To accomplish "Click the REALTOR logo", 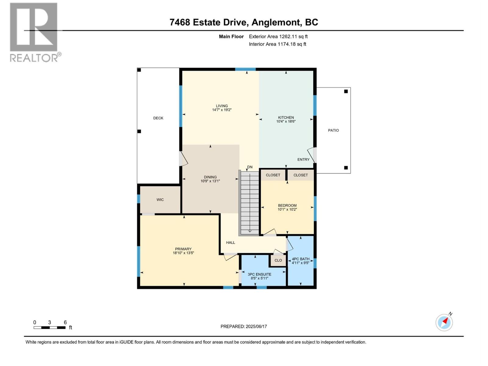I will click(x=34, y=32).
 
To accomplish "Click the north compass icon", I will click(x=444, y=322).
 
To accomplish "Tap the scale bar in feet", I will click(x=49, y=328).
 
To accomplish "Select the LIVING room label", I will click(x=222, y=106).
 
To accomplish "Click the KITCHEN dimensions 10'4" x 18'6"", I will click(x=286, y=121).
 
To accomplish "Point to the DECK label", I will click(x=158, y=118).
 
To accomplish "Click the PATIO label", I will click(x=333, y=130).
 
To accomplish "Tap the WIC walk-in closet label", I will click(x=160, y=200).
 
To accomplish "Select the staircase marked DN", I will click(x=249, y=203).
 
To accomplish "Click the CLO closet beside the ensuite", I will click(x=278, y=260).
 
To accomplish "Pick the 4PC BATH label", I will click(x=300, y=259).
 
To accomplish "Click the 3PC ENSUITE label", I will click(x=259, y=274).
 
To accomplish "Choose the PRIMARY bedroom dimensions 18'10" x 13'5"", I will click(x=183, y=253).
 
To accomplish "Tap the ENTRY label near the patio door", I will click(x=303, y=160).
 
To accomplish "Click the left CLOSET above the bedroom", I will click(x=273, y=175).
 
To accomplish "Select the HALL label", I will click(x=231, y=242).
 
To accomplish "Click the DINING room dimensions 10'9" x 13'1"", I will click(x=210, y=181).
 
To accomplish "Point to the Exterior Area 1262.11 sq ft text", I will click(x=278, y=36).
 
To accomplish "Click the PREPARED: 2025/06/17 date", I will click(x=244, y=326).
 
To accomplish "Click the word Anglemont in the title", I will click(x=277, y=22).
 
